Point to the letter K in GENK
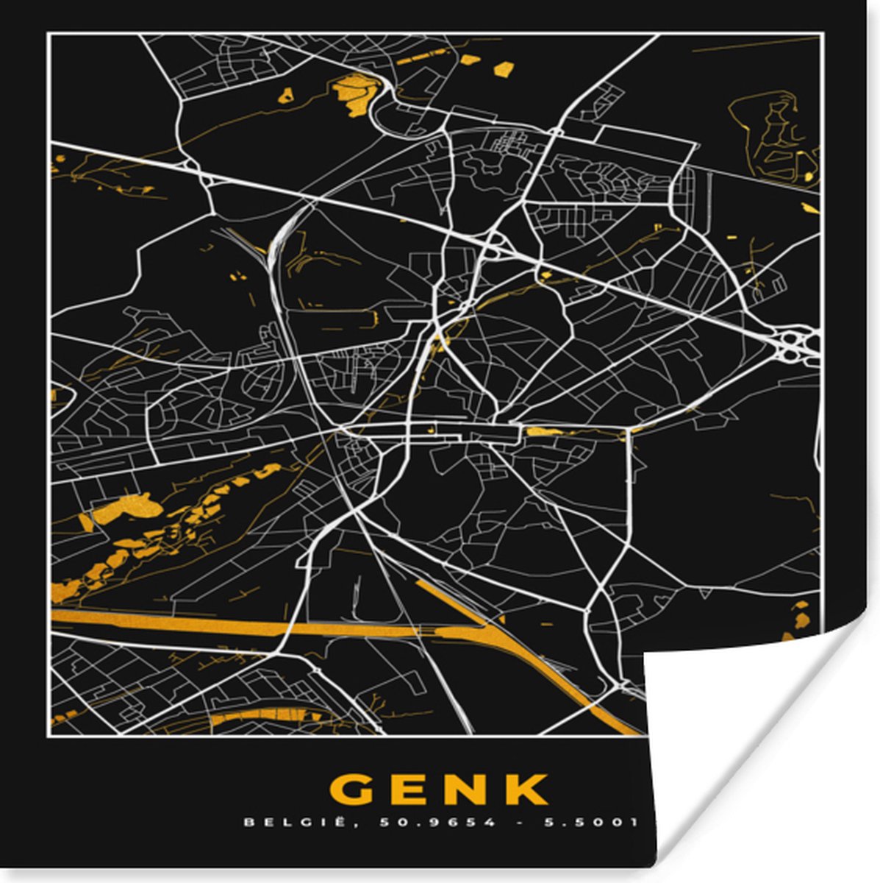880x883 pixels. (x=526, y=790)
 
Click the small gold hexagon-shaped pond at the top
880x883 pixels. (x=504, y=70)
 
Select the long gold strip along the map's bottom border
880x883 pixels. (x=265, y=716)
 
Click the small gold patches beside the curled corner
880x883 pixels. (x=798, y=615)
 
